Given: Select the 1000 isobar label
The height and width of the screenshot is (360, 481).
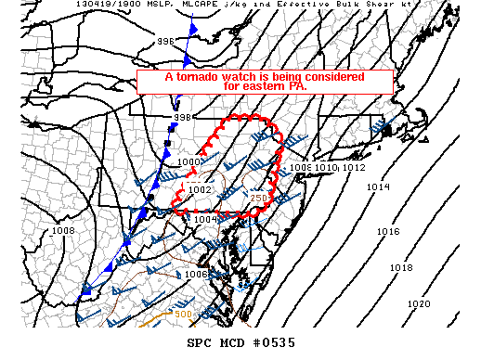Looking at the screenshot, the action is pyautogui.click(x=188, y=162).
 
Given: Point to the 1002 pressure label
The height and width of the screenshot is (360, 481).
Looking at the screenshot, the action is pyautogui.click(x=201, y=189).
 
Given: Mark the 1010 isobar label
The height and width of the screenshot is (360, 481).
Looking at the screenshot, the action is pyautogui.click(x=326, y=168).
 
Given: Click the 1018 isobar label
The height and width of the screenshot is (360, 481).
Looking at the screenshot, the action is pyautogui.click(x=400, y=267).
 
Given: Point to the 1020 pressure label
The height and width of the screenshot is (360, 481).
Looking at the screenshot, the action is pyautogui.click(x=419, y=303).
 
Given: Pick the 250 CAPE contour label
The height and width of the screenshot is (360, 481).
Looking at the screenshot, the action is pyautogui.click(x=259, y=198).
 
